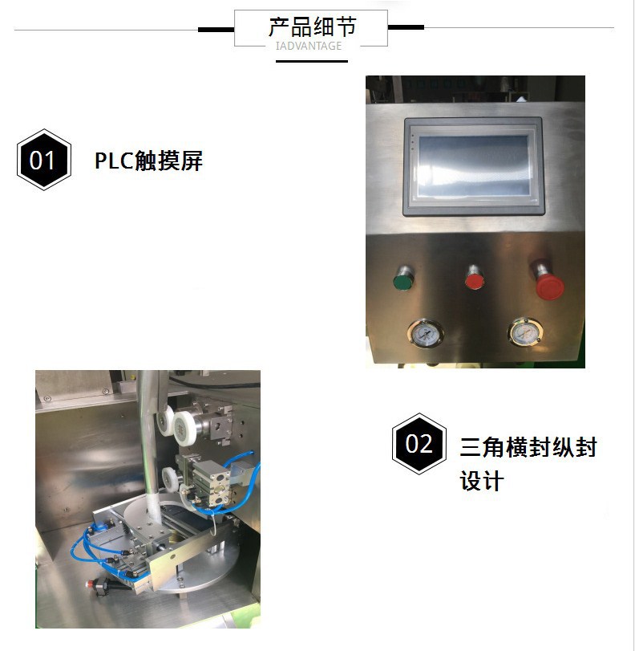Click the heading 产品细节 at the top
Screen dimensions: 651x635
coord(311,26)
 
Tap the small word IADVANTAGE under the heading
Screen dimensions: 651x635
coord(309,46)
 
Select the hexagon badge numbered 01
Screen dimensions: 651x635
coord(42,160)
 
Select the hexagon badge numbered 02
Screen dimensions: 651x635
coord(419,444)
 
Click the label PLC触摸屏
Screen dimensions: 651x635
coord(148,161)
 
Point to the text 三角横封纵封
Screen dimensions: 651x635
coord(528,447)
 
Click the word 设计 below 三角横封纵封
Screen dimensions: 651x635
coord(481,481)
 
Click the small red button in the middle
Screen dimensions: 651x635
coord(475,281)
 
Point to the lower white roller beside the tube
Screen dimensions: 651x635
coord(171,478)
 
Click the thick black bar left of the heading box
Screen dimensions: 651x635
coord(215,29)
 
